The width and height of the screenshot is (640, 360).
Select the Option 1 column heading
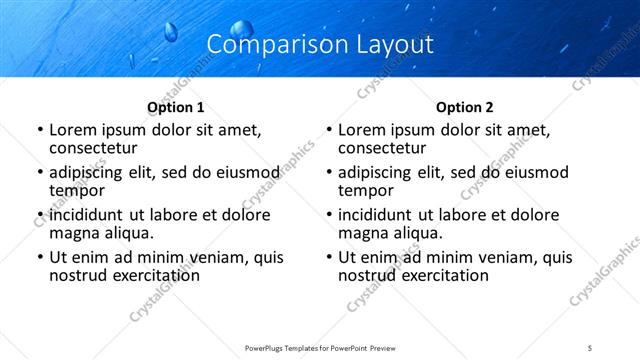point(176,107)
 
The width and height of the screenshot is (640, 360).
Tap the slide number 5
point(590,347)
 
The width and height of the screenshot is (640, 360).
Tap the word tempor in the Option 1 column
point(77,189)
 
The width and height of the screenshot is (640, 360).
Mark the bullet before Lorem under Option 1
point(39,130)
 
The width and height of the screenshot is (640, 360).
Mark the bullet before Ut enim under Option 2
point(328,257)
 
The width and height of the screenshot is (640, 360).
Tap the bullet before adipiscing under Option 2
point(328,172)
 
